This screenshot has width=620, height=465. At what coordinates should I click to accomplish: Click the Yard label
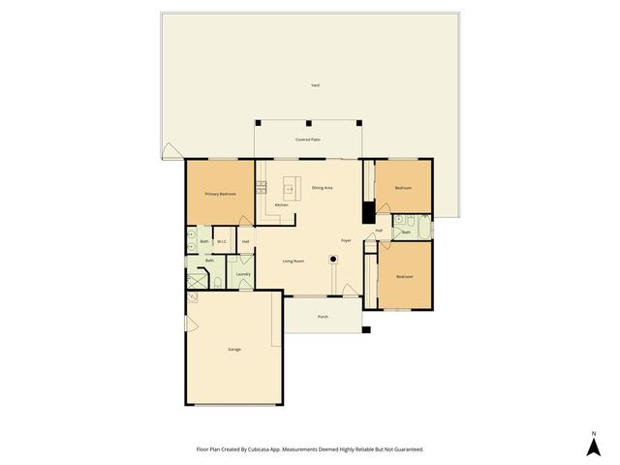(315, 85)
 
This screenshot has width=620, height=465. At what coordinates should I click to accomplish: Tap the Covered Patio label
(308, 140)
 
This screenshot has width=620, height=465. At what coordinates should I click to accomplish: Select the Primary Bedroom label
(220, 195)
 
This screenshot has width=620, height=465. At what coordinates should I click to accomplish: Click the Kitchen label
(281, 205)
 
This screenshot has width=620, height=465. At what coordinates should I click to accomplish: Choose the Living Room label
(294, 261)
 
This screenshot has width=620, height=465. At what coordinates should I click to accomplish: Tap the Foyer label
(345, 239)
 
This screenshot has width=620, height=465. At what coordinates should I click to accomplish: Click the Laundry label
(243, 274)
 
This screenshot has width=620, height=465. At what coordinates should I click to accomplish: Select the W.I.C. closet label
(222, 241)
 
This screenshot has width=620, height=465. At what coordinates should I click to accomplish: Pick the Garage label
(234, 349)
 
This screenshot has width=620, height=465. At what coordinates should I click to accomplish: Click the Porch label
(323, 317)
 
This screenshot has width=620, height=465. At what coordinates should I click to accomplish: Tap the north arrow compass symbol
(594, 446)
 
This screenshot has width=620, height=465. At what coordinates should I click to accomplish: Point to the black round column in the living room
(333, 259)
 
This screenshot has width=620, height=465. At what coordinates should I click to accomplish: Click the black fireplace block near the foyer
(367, 212)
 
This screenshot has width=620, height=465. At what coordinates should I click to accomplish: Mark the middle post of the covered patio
(308, 123)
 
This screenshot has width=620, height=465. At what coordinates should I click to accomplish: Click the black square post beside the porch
(366, 330)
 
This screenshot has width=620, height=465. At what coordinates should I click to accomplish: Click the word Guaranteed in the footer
(407, 449)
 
